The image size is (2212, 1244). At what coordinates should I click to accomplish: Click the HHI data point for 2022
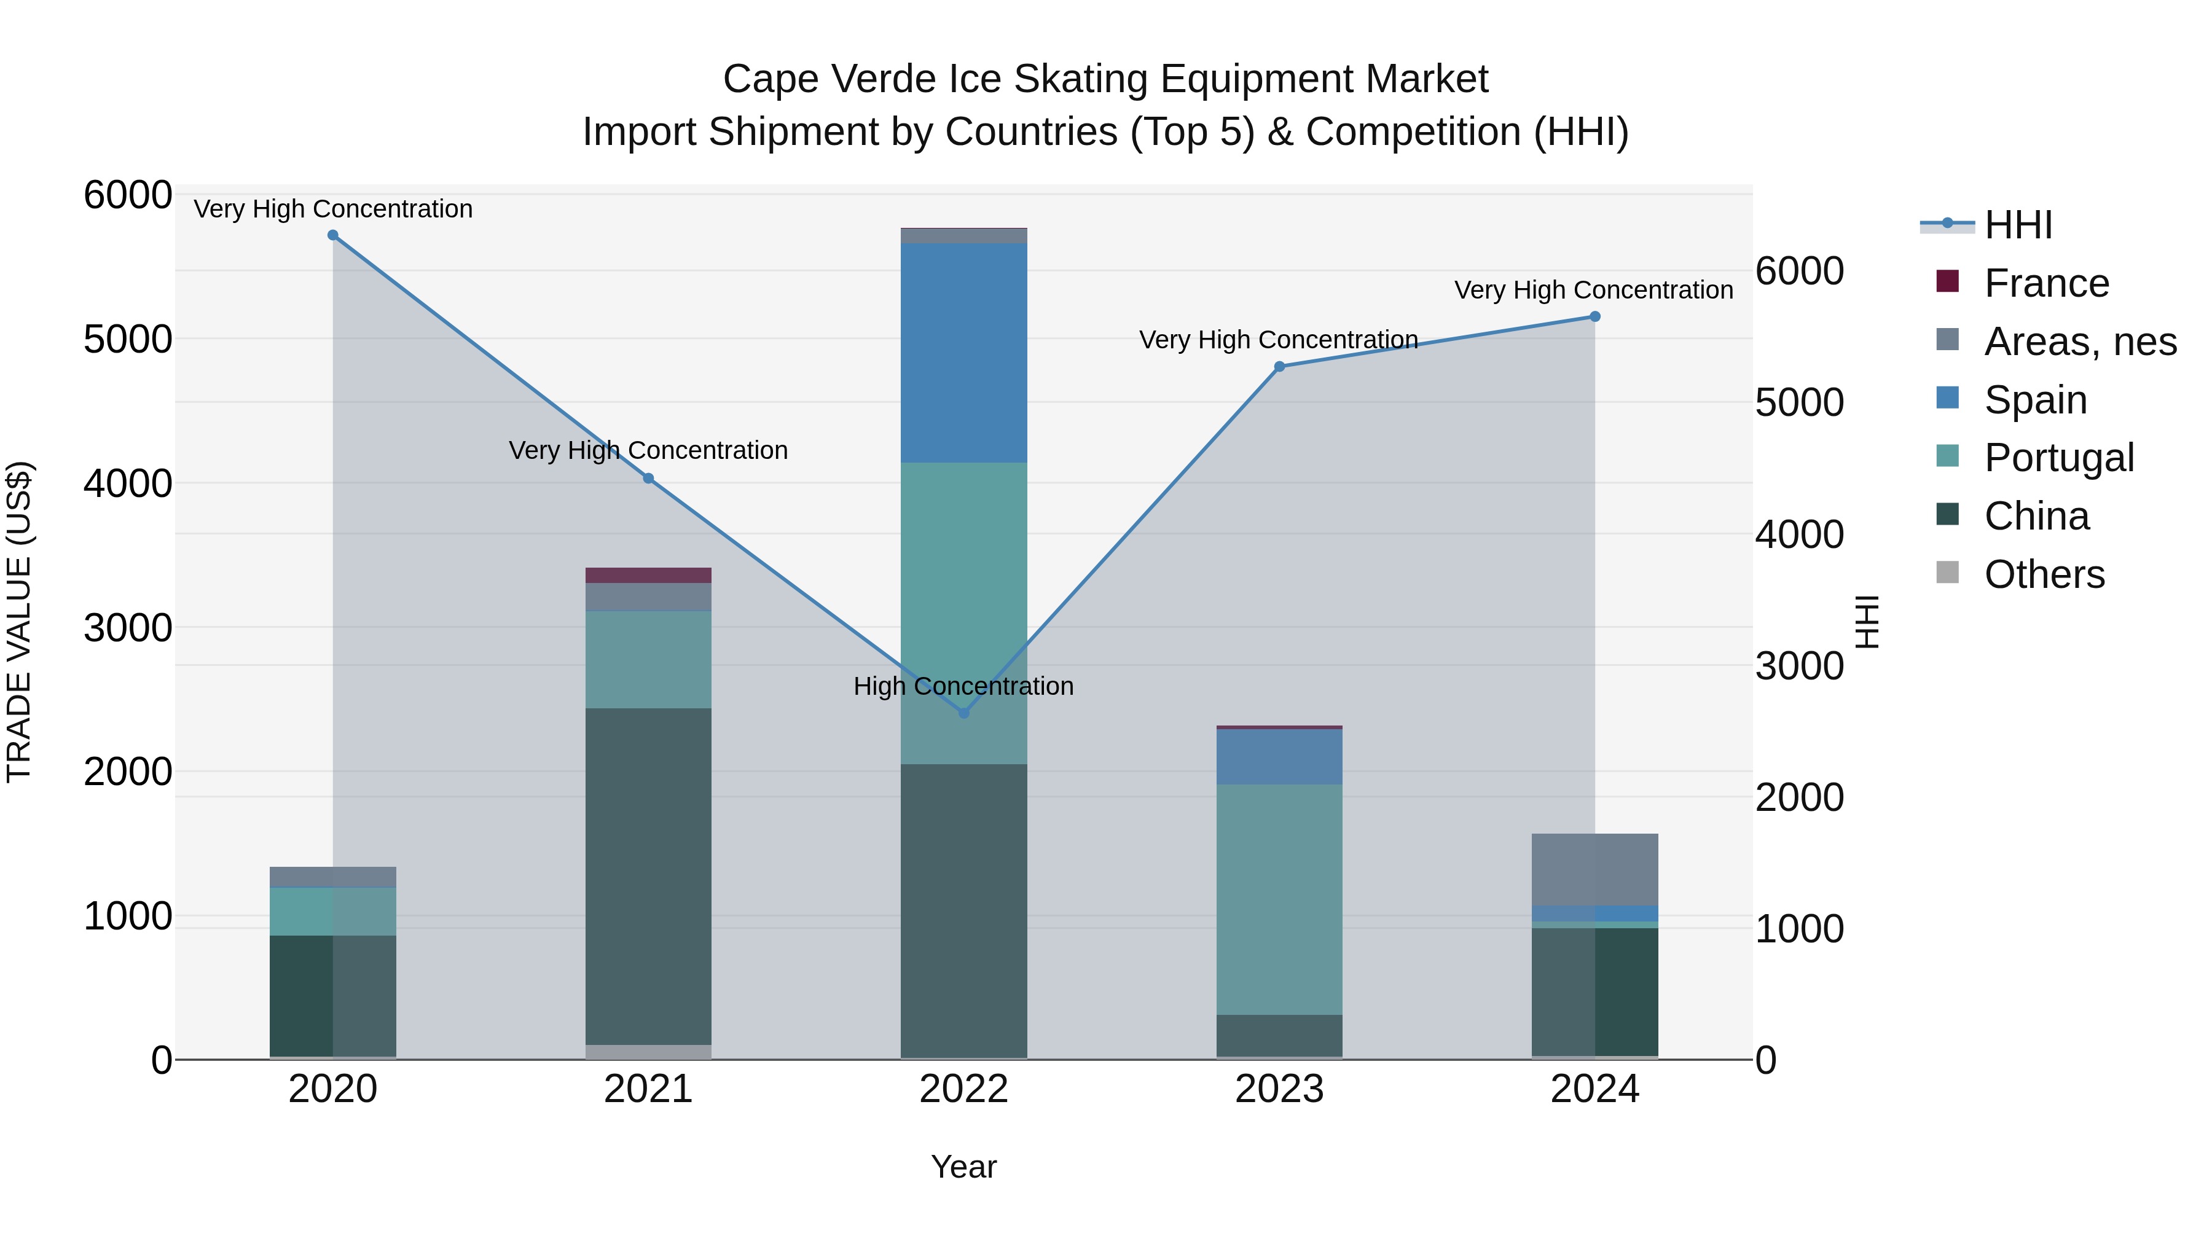click(963, 713)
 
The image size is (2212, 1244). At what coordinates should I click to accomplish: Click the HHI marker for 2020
click(333, 235)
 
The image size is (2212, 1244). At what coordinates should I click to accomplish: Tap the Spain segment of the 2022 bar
click(963, 353)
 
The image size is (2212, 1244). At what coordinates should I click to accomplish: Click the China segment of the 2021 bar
click(648, 875)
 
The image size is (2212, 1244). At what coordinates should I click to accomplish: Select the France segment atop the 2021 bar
click(648, 575)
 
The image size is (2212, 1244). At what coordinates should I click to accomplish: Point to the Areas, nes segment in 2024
click(1594, 869)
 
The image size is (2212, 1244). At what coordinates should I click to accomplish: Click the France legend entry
click(2046, 283)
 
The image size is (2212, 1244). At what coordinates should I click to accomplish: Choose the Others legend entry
click(2044, 574)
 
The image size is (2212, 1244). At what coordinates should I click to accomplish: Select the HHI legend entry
click(2018, 225)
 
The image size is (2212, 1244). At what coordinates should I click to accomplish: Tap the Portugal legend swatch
click(1948, 456)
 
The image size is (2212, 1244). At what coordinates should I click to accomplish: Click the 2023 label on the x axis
click(1279, 1089)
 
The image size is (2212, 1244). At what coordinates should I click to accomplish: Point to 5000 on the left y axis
click(127, 339)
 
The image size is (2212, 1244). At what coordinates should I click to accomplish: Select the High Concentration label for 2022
click(963, 686)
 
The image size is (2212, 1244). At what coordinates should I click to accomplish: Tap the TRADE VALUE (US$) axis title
click(19, 622)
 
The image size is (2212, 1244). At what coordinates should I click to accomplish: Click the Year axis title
click(963, 1167)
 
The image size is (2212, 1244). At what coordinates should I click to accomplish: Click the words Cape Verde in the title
click(830, 79)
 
